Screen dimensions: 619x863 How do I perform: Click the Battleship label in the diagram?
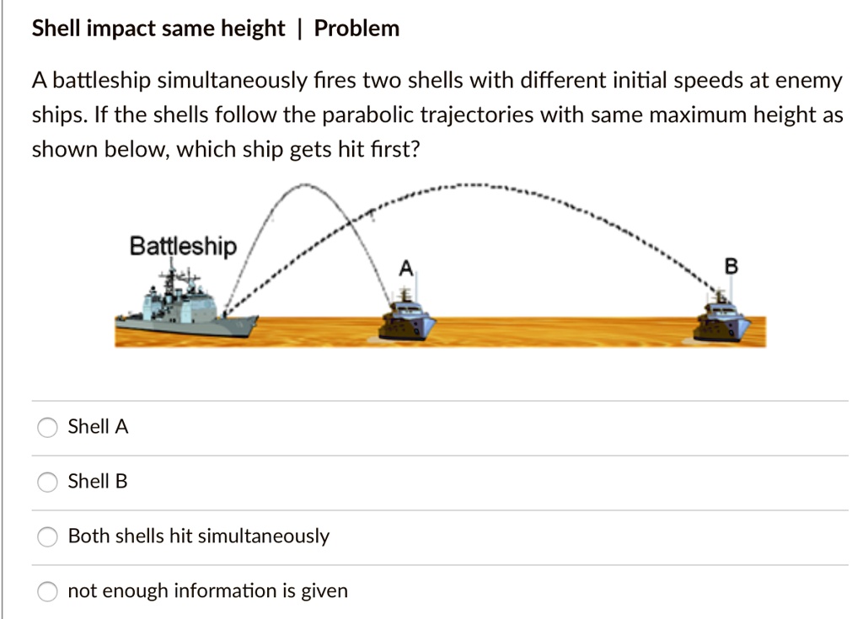pos(183,247)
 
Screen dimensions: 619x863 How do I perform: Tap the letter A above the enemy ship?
pos(405,269)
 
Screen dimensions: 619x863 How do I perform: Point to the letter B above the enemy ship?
pos(731,267)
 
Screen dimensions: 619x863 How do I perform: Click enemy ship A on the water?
pos(406,321)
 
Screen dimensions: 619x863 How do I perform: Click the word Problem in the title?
pos(356,29)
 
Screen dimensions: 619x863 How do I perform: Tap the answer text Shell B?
pos(98,482)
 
